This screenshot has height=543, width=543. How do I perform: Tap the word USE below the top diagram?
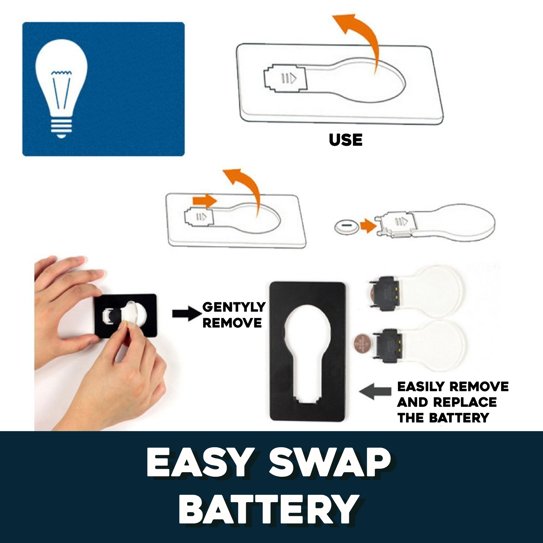click(345, 140)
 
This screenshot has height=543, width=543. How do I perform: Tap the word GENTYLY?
click(234, 307)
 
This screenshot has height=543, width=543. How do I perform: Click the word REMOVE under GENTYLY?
click(232, 323)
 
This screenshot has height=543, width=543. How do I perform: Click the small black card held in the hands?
click(125, 316)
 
